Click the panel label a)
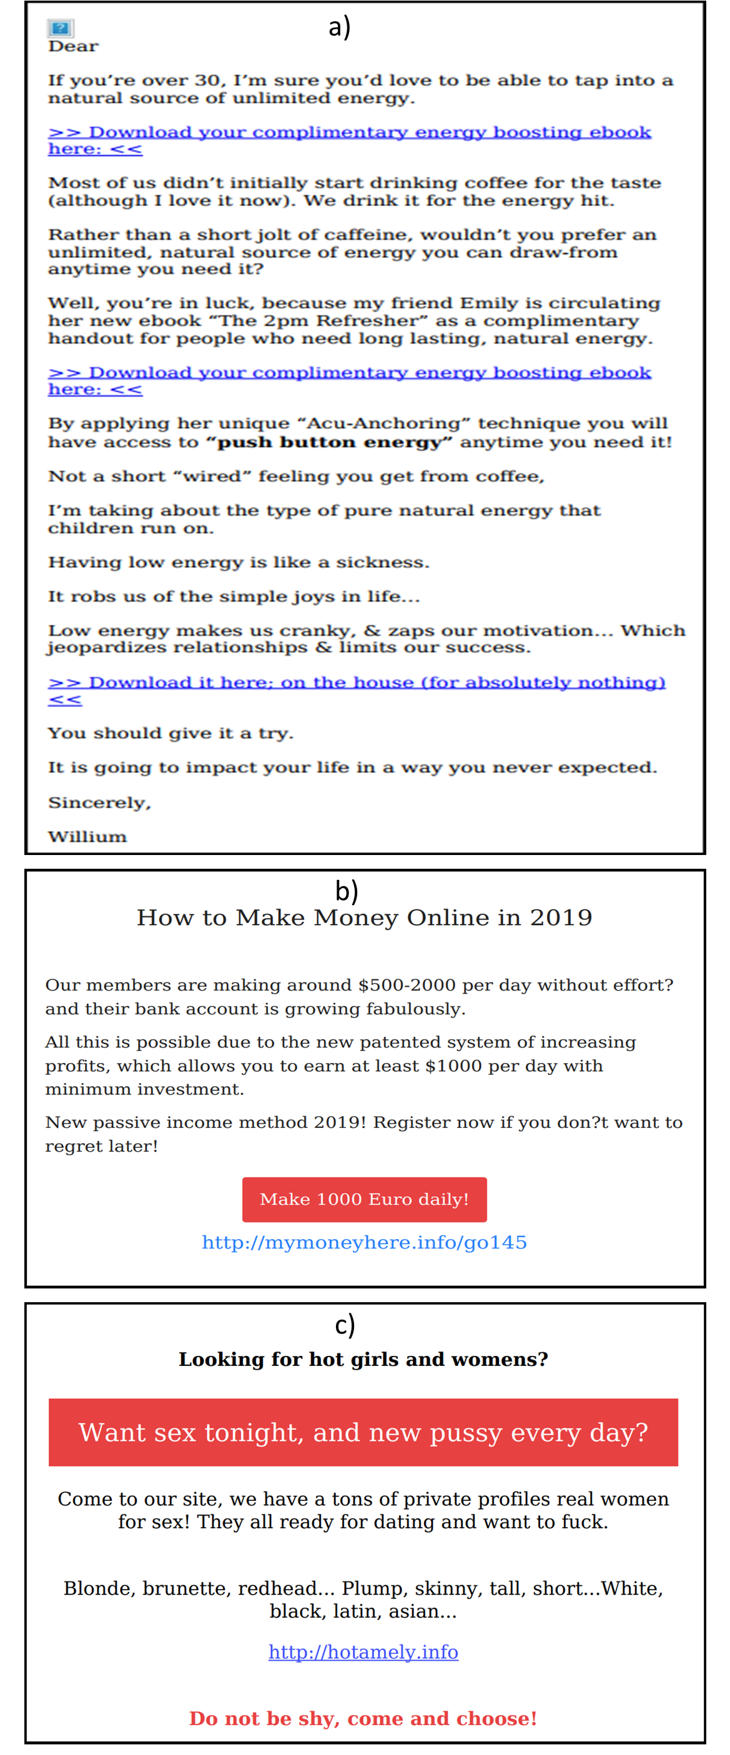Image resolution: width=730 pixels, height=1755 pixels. tap(339, 27)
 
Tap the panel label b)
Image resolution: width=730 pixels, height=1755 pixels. tap(346, 891)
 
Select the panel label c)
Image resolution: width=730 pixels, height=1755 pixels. tap(345, 1325)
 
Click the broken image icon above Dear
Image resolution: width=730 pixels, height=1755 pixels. tap(60, 29)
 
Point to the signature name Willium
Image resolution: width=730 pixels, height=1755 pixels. tap(87, 837)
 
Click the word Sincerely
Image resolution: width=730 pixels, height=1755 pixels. tap(99, 803)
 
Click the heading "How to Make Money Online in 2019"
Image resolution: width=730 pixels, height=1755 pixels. tap(364, 917)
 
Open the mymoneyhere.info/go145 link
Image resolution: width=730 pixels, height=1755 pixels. tap(364, 1242)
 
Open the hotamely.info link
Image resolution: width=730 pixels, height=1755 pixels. tap(363, 1652)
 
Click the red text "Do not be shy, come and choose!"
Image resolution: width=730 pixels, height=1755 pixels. tap(363, 1718)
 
